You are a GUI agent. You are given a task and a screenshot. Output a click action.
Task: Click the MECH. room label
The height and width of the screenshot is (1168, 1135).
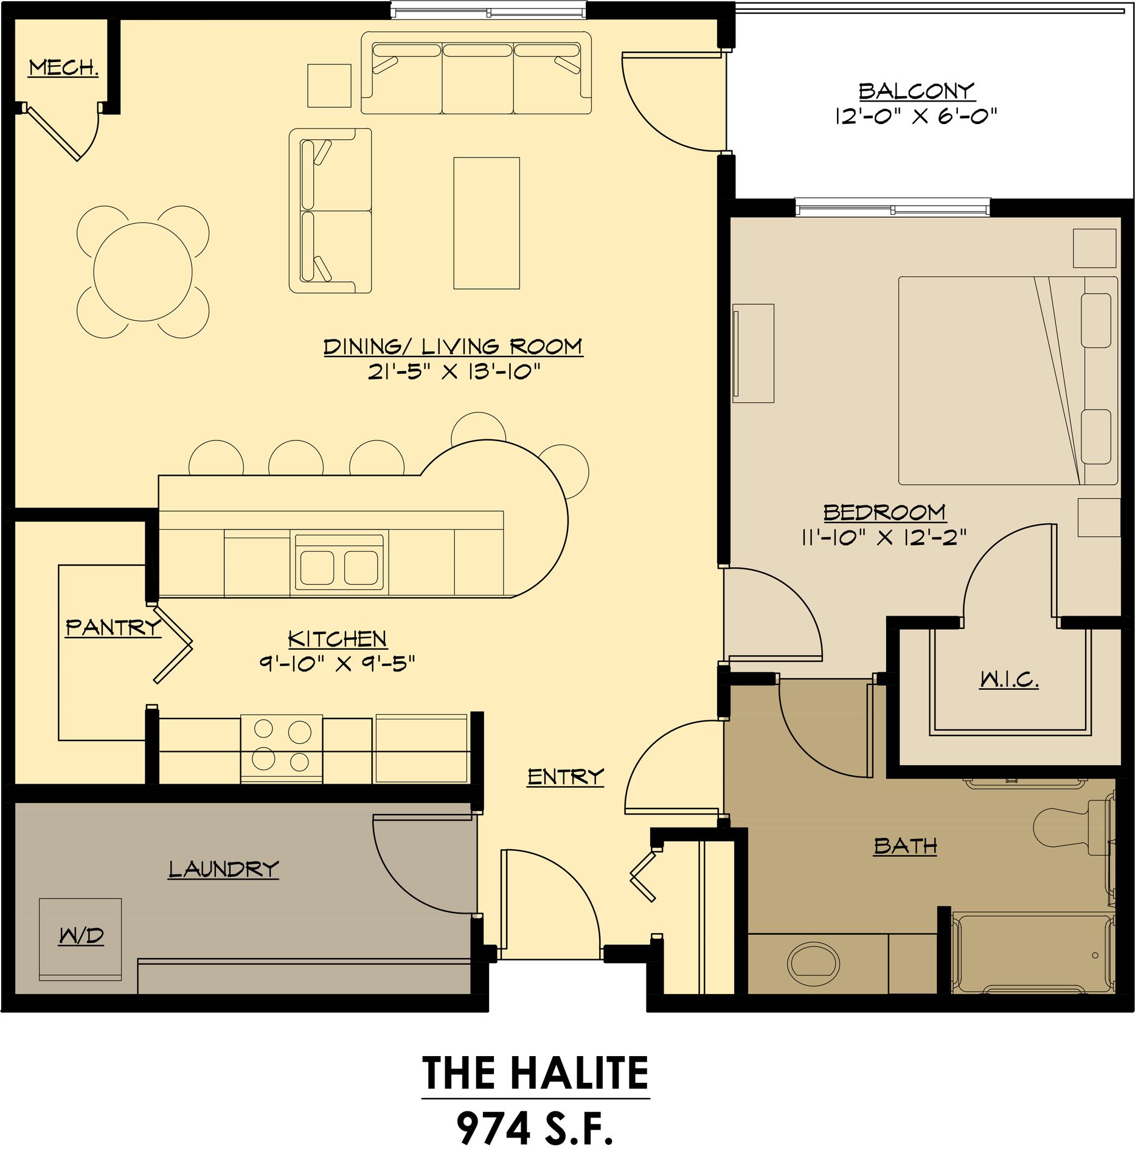click(x=64, y=68)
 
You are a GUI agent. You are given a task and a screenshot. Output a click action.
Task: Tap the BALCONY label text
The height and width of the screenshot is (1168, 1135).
click(x=917, y=91)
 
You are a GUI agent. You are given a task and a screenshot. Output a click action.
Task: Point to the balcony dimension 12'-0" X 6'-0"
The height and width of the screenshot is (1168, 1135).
click(x=917, y=116)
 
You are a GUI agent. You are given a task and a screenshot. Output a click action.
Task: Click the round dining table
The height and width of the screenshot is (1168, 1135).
click(x=144, y=271)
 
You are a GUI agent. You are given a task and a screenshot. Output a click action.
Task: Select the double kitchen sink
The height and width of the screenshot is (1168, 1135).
click(x=339, y=563)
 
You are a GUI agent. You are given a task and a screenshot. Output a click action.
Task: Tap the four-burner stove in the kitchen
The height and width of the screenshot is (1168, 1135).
click(x=282, y=748)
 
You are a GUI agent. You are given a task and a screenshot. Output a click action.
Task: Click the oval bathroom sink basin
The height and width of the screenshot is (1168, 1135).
click(x=813, y=964)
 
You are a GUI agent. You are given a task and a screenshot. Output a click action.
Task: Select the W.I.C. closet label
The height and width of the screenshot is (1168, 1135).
click(x=1009, y=679)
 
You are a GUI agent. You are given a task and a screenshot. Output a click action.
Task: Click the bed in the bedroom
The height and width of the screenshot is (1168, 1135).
click(x=1008, y=380)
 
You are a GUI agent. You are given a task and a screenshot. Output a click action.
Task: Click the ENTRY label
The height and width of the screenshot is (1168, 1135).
click(x=566, y=777)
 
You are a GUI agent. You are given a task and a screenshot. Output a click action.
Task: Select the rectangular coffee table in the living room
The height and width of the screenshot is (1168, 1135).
click(x=487, y=223)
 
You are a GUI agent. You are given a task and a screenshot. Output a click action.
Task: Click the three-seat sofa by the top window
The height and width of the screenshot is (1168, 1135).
click(x=476, y=73)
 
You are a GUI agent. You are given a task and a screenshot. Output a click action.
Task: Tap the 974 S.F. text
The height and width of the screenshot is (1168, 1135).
click(x=535, y=1128)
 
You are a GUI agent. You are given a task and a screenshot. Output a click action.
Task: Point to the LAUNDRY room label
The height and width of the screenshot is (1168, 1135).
click(x=223, y=869)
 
